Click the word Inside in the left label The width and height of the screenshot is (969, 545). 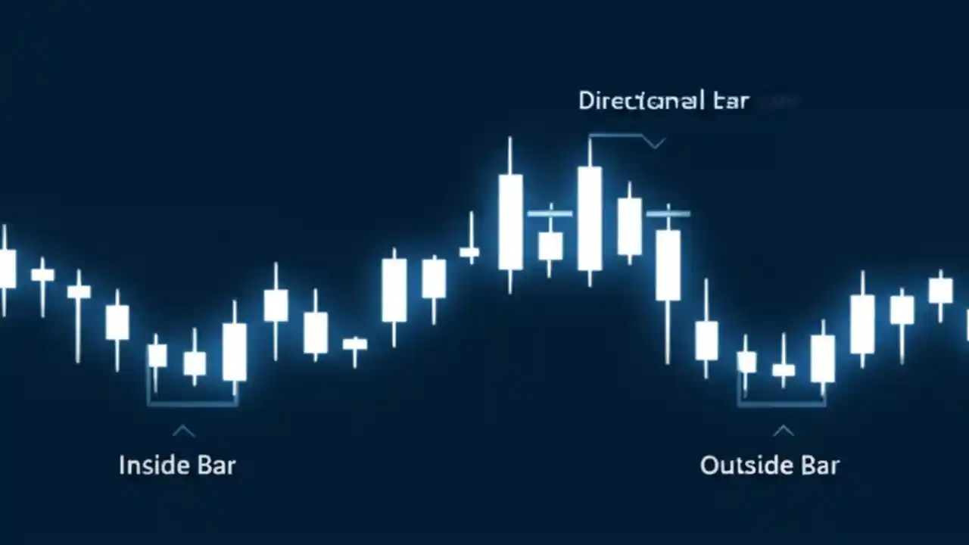coord(149,464)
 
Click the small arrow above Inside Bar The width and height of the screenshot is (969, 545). coord(183,431)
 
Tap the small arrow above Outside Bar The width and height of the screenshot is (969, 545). coord(783,431)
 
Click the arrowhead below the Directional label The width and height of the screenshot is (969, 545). coord(654,142)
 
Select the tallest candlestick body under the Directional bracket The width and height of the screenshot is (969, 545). coord(590,218)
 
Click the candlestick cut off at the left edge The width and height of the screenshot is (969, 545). coord(6,269)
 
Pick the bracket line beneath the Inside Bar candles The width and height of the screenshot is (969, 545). coord(192,404)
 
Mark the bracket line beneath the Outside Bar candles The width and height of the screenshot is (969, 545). coord(781,404)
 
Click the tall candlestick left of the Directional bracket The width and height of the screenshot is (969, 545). coord(510,221)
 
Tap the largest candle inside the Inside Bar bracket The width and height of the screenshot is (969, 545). coord(235,351)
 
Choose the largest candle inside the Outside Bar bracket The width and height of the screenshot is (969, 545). coord(823,358)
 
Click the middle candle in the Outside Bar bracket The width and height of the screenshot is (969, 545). coord(784,369)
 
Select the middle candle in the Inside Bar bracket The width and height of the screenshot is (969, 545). coord(195,363)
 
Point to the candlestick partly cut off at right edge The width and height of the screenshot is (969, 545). coord(966,322)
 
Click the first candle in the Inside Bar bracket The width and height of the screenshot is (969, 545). coord(157,355)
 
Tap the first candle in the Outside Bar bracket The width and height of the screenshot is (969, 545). coord(746,362)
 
